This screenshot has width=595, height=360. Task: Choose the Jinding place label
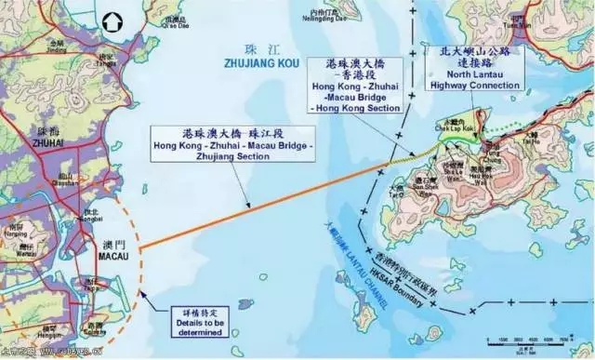click(x=58, y=47)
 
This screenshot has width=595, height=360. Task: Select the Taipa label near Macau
click(x=92, y=287)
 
